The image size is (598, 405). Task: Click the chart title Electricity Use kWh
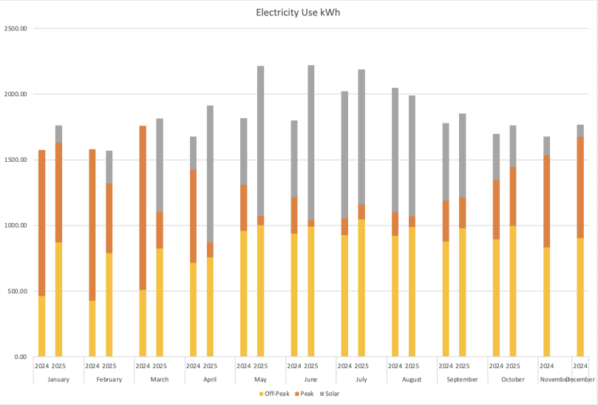coord(299,13)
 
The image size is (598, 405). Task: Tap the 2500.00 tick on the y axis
coord(16,29)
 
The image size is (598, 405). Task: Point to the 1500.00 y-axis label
coord(16,160)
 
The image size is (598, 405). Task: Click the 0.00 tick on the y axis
coord(20,356)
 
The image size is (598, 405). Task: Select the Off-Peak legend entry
coord(275,393)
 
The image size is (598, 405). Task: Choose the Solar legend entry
coord(329,393)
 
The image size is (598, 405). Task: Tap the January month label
coord(58,379)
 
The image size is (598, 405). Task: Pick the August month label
coord(412,379)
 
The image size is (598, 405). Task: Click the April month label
coord(210,379)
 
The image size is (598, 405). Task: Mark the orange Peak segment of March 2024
coord(143,208)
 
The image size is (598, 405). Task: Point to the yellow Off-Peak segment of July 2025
coord(361,288)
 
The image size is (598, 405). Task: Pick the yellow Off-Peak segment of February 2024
coord(92,328)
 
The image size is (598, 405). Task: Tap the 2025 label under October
coord(513,366)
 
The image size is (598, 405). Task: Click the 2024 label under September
coord(446,366)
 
